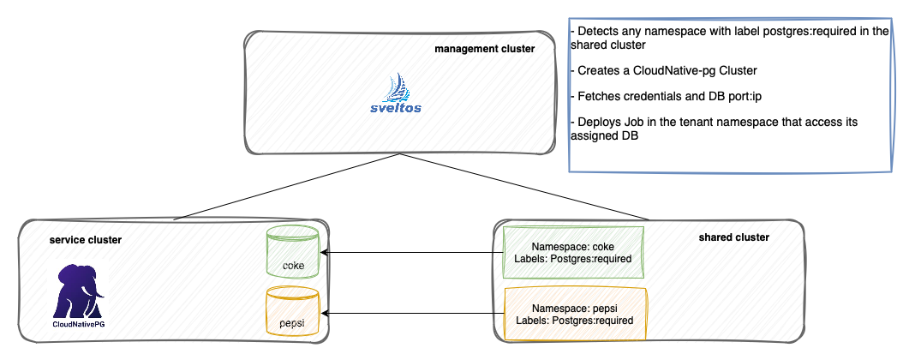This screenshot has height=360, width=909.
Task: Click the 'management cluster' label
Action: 484,50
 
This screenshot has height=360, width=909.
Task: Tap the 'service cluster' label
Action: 86,239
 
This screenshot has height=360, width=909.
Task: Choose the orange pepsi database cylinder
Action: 293,314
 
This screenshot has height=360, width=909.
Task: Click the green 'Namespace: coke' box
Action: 572,253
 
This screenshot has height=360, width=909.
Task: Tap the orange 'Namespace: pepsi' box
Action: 574,314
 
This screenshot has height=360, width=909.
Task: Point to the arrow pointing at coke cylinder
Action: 411,253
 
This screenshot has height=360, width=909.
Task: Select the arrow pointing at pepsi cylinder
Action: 411,314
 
